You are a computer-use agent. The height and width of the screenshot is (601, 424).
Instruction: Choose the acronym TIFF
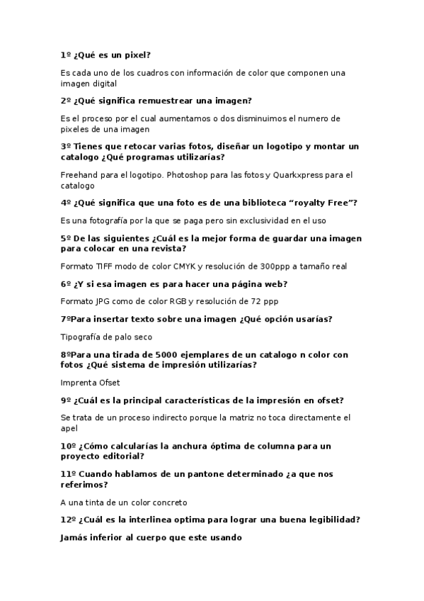pyautogui.click(x=104, y=266)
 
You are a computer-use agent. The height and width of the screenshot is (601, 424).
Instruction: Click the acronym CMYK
pyautogui.click(x=181, y=266)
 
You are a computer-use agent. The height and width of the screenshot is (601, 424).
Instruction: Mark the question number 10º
pyautogui.click(x=69, y=446)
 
